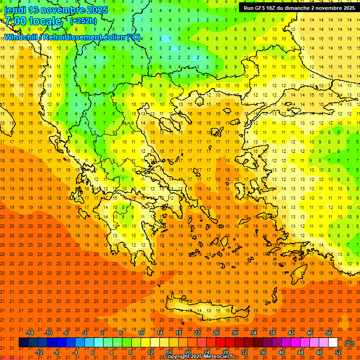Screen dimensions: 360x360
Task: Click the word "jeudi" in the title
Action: [x=15, y=10]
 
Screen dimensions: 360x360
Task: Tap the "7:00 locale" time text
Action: [x=33, y=21]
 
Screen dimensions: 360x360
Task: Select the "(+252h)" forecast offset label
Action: [x=83, y=21]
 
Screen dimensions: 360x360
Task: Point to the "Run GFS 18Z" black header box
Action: [x=299, y=8]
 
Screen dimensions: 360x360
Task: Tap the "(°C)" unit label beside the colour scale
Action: [x=349, y=343]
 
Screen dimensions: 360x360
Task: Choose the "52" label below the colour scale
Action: [x=338, y=352]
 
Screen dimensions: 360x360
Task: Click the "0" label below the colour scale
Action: [x=93, y=352]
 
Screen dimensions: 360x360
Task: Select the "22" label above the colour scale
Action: [x=197, y=333]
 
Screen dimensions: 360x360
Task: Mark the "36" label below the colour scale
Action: [x=263, y=352]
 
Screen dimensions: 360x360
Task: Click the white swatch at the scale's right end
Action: [x=333, y=343]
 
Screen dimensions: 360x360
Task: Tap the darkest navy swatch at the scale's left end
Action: [x=24, y=343]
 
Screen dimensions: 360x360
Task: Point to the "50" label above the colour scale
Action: [x=329, y=333]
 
